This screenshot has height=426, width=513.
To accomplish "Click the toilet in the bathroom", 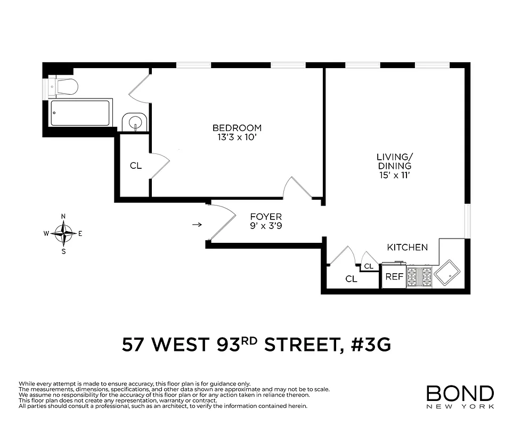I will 65,86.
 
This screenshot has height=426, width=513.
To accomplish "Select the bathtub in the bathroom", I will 80,113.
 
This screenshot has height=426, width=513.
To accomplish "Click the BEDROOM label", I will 237,128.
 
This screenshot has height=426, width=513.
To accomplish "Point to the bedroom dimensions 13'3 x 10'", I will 237,137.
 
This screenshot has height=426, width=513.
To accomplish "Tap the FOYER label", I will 266,217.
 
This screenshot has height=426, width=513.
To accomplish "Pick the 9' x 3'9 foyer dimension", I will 266,226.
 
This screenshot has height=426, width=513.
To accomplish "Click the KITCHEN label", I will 407,247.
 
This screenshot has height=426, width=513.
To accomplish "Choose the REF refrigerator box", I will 394,277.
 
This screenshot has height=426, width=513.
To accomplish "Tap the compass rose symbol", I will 64,233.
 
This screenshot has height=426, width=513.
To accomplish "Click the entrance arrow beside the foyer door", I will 197,224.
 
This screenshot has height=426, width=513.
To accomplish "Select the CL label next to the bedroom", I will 136,166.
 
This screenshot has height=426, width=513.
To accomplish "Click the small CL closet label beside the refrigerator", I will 369,266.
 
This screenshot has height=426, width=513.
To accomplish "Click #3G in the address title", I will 371,345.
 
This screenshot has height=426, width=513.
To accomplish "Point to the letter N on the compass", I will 64,216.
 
